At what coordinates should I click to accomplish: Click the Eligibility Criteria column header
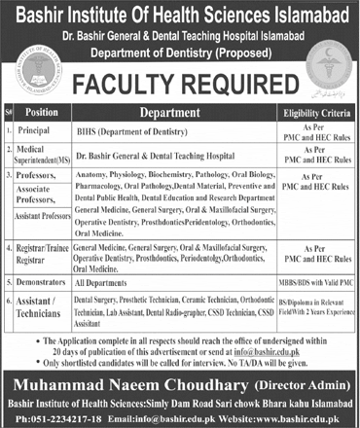(315, 112)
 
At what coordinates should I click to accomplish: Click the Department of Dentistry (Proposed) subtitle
(179, 48)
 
